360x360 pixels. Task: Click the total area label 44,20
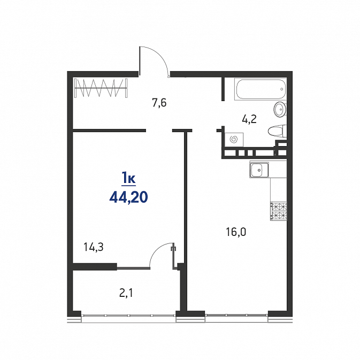coord(128,197)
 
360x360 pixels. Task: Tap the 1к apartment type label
coord(128,178)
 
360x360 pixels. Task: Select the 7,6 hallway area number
coord(159,103)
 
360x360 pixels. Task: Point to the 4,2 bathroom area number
coord(249,119)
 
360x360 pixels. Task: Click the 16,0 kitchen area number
coord(236,232)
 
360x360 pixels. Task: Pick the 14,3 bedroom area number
coord(94,247)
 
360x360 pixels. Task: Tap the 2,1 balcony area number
coord(126,293)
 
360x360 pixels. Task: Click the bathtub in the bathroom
coord(261,89)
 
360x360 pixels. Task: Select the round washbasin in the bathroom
coord(280,110)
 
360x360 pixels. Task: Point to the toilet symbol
coord(277,132)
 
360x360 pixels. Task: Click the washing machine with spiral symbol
coord(234,140)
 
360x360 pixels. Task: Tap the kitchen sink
coord(259,170)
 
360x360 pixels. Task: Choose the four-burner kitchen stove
coord(279,211)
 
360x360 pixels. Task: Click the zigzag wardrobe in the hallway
coord(101,88)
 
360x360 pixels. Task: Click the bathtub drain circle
coord(282,89)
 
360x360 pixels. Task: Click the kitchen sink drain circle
coord(259,170)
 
